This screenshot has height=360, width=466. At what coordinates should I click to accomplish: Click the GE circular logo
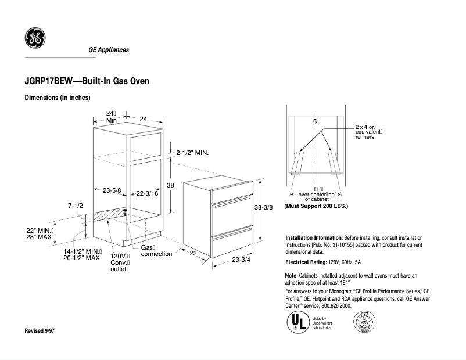[33, 39]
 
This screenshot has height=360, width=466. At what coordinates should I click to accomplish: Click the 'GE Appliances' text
[109, 51]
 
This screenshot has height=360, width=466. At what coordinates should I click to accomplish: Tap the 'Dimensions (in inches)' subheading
[58, 98]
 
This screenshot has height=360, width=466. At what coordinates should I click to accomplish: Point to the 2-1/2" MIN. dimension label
[192, 153]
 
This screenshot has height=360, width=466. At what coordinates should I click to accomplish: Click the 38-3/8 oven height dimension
[263, 207]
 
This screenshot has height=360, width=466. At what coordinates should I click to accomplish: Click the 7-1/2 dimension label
[76, 206]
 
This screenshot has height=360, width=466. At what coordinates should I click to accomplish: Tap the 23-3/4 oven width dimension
[241, 260]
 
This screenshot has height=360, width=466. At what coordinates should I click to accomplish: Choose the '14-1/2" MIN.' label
[82, 251]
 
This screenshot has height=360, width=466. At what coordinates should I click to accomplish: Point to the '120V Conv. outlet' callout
[119, 262]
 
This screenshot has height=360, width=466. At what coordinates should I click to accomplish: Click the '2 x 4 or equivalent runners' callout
[368, 132]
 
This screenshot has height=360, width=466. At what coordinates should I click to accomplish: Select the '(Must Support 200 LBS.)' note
[316, 206]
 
